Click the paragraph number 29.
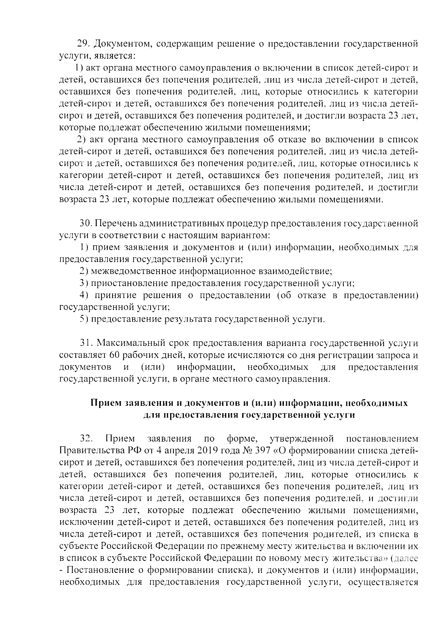(83, 44)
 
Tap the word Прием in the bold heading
(106, 403)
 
